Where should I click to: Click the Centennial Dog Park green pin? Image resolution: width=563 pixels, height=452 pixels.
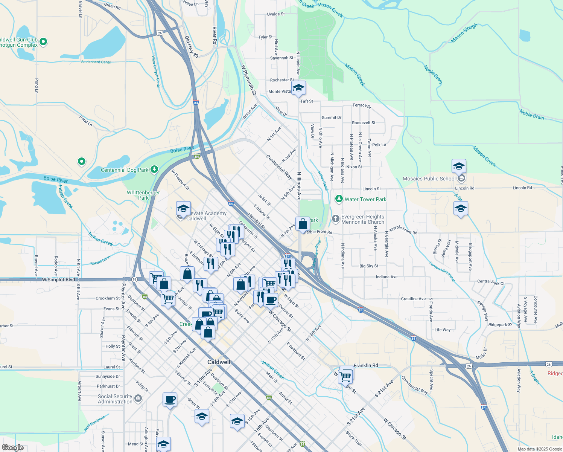coord(154,169)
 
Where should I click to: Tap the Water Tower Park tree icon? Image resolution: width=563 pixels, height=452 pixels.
coord(339,199)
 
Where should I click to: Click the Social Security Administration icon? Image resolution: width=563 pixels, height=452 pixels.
coord(138,399)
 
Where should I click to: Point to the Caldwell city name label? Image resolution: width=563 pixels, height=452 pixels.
coord(219,362)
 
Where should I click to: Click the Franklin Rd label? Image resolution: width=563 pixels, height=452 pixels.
coord(365,365)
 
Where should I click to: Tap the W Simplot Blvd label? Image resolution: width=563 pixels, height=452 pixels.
coord(58,279)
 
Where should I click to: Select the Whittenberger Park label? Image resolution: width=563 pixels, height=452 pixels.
coord(143,195)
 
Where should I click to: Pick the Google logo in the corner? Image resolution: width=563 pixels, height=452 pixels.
coord(12,447)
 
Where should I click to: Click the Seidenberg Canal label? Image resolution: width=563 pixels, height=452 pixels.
coord(96,62)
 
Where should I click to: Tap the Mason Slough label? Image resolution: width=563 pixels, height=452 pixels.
coord(464,33)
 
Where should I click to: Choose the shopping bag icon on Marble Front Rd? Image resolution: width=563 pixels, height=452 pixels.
coord(303,224)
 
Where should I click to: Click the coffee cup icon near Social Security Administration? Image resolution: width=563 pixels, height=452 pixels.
coord(170,399)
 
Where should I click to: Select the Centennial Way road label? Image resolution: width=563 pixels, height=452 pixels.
coord(279,166)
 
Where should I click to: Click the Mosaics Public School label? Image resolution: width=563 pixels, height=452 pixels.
coord(429,179)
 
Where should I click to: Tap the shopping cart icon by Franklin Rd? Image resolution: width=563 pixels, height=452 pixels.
coord(345,376)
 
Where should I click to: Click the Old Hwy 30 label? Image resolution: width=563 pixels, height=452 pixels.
coord(192,47)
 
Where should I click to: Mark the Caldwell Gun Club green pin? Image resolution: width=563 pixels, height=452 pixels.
coord(43,41)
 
